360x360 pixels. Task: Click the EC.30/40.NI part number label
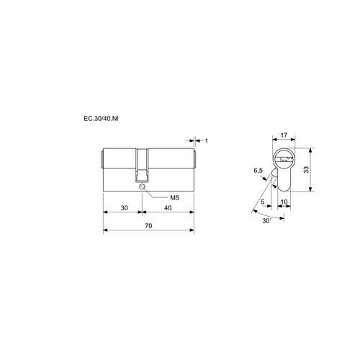tap(101, 119)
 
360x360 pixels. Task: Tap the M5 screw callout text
tap(175, 198)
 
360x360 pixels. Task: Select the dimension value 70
tap(148, 226)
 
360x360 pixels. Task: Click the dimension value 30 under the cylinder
tap(124, 207)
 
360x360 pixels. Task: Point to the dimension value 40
tap(168, 207)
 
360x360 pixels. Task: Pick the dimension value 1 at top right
tap(206, 140)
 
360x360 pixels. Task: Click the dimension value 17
tap(284, 135)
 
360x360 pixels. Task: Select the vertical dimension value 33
tap(306, 170)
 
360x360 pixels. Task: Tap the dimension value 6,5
tap(258, 171)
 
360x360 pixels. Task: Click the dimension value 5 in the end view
tap(263, 202)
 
